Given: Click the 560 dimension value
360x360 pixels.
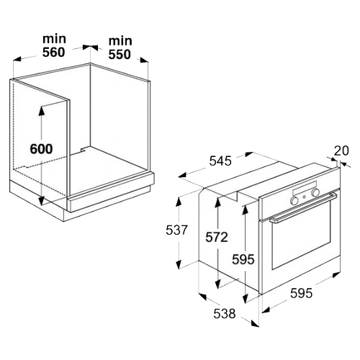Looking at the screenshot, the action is coord(53,53).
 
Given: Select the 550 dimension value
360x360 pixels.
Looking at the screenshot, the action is coord(120,55).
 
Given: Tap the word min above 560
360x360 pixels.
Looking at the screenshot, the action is coord(54,39).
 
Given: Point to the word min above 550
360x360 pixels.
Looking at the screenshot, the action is coord(120,41).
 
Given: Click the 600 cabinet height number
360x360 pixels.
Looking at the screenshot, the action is coord(41,149).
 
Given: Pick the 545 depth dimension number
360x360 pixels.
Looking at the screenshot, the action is coord(220,161).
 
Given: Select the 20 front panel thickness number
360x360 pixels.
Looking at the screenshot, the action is coord(341,150).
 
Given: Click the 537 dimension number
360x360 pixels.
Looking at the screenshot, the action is coord(176,230).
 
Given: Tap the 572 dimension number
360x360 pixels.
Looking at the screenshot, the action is coord(217,237).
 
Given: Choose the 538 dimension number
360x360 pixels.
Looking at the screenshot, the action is coord(225,313).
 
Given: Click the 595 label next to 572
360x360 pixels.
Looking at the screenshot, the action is coord(243,259).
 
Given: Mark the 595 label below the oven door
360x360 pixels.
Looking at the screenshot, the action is coord(302,293).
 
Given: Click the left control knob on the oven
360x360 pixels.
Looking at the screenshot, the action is coord(294,200).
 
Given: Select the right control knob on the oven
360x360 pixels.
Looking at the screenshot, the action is coord(315,192).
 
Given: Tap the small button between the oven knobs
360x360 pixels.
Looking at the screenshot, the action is coord(305,197).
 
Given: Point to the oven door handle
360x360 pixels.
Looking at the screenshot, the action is coord(303,207).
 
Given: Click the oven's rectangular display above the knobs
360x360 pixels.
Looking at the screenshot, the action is coord(305,188).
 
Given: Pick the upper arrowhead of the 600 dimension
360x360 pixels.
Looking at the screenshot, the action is coord(42,111).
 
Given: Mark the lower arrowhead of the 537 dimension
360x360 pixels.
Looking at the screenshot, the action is coord(178,264).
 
